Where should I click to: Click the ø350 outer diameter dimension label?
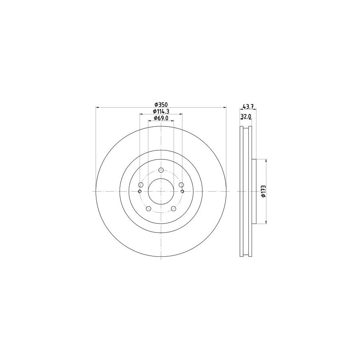[x=161, y=104]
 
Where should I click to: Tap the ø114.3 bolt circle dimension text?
[x=161, y=111]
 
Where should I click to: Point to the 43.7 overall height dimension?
[x=248, y=106]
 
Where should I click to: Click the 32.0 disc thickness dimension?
[x=246, y=116]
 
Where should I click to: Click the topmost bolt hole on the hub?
[x=161, y=170]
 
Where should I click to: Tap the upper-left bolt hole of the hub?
[x=140, y=185]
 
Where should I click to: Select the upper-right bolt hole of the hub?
[x=181, y=185]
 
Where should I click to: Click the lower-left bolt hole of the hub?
[x=148, y=208]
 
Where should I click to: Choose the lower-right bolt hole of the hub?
[x=173, y=208]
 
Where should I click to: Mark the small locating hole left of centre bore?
[x=139, y=192]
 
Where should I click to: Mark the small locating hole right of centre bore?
[x=182, y=192]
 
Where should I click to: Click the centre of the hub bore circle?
[x=161, y=192]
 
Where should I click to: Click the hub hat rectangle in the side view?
[x=253, y=192]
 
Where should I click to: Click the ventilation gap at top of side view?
[x=246, y=132]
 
